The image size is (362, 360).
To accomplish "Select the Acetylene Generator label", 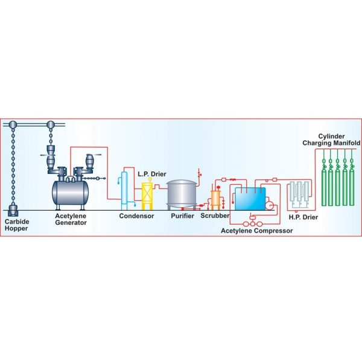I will click(72, 219).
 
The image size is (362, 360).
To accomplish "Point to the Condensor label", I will click(136, 216).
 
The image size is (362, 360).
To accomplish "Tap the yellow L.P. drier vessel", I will click(147, 194).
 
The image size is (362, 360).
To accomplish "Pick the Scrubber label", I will click(214, 216).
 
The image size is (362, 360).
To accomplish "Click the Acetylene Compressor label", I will click(256, 230).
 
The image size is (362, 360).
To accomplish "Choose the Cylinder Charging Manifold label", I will click(331, 140).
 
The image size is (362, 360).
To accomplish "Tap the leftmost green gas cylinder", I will click(321, 181).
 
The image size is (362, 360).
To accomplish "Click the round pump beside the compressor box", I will click(269, 207).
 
